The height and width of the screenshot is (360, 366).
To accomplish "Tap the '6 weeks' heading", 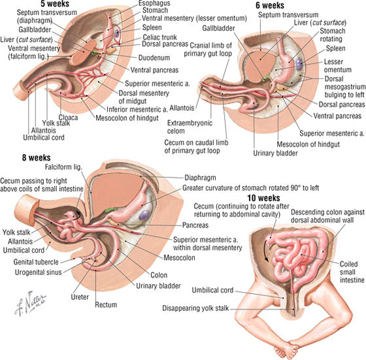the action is (x=270, y=5).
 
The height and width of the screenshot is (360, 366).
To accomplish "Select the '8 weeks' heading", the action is (x=36, y=157).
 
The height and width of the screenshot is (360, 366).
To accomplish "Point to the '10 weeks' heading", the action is (x=263, y=198).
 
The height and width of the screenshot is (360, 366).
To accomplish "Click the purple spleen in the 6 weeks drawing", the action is (x=299, y=64).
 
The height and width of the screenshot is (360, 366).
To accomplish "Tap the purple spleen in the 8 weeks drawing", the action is (x=144, y=215).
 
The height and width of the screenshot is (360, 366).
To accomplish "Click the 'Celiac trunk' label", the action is (x=159, y=37).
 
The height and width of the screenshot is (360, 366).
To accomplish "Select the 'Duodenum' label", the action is (x=154, y=57).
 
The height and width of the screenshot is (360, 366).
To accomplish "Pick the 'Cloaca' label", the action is (x=68, y=118).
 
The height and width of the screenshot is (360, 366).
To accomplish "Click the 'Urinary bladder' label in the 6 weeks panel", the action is (x=275, y=153).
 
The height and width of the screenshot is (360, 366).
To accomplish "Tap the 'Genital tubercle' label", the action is (x=36, y=262).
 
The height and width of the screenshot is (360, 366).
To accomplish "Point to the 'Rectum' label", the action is (x=106, y=304).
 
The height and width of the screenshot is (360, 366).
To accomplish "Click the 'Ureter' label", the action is (x=80, y=297).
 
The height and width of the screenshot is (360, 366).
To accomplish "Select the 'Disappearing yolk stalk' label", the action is (x=195, y=308).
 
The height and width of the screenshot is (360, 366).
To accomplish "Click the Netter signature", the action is (x=30, y=303).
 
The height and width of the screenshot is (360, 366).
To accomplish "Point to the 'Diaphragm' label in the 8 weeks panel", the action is (x=200, y=178).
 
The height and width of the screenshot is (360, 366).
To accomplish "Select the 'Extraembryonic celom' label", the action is (x=190, y=127).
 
